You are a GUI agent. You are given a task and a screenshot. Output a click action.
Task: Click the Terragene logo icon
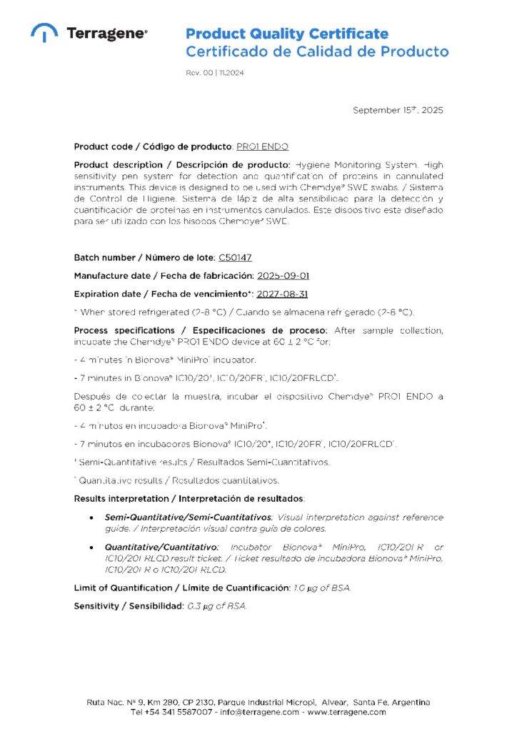coord(44,32)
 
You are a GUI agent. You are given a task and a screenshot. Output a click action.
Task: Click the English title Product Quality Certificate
coord(287,34)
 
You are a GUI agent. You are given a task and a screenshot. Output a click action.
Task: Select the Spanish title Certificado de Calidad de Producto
coord(317,51)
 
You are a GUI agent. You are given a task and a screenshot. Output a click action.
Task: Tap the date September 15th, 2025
coord(398,110)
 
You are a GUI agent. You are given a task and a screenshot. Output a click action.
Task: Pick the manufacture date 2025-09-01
coord(283,276)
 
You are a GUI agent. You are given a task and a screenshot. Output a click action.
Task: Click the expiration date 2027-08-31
coord(283,294)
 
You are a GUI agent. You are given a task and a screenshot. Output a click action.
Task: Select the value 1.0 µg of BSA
coord(322,588)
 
